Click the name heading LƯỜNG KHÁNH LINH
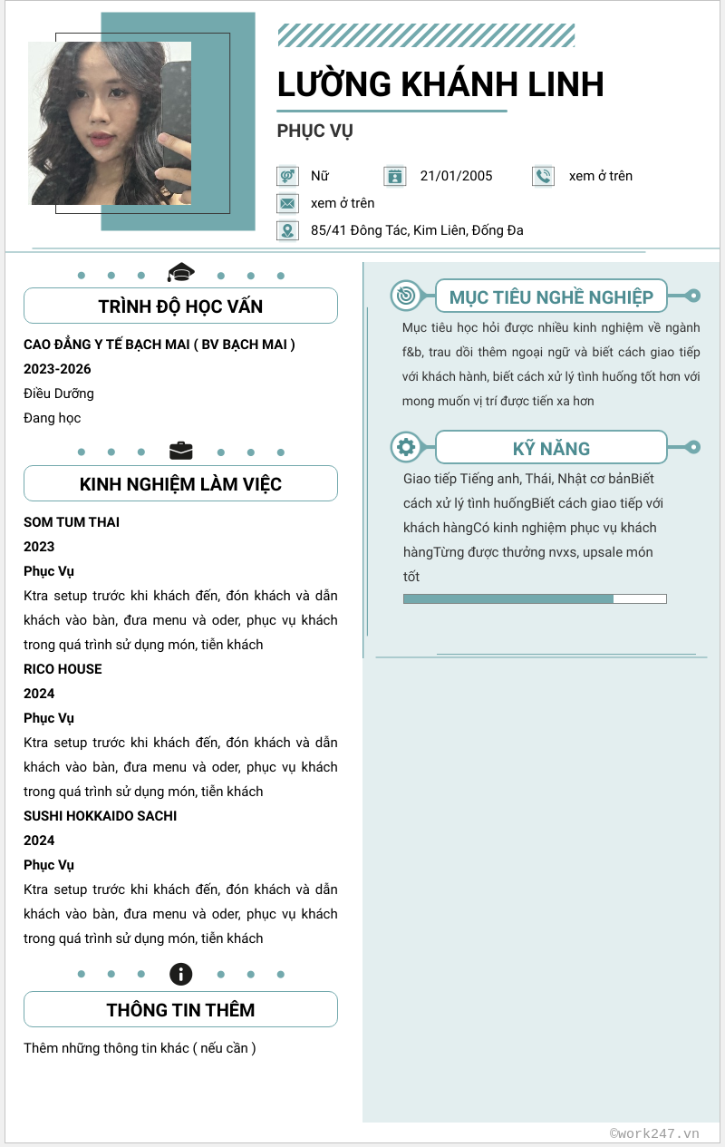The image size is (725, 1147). pyautogui.click(x=440, y=84)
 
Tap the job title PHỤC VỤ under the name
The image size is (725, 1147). pyautogui.click(x=314, y=131)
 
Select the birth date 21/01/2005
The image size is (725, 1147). pyautogui.click(x=456, y=176)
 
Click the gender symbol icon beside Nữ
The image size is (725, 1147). pyautogui.click(x=287, y=176)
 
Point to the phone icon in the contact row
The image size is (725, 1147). pyautogui.click(x=543, y=176)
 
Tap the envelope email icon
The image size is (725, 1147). pyautogui.click(x=287, y=203)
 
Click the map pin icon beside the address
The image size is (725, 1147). pyautogui.click(x=287, y=230)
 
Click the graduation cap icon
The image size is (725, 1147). pyautogui.click(x=181, y=272)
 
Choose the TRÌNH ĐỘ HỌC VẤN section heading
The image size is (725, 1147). pyautogui.click(x=180, y=306)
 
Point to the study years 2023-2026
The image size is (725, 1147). pyautogui.click(x=57, y=369)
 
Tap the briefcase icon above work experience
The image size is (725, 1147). pyautogui.click(x=181, y=451)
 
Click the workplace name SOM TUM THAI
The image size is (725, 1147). pyautogui.click(x=72, y=522)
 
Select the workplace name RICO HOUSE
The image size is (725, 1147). pyautogui.click(x=63, y=669)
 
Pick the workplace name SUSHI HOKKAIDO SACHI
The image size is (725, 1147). pyautogui.click(x=100, y=816)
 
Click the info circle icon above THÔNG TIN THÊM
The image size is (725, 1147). pyautogui.click(x=181, y=975)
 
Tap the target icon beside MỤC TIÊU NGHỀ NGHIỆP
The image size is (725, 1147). pyautogui.click(x=405, y=296)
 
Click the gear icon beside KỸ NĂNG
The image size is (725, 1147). pyautogui.click(x=405, y=447)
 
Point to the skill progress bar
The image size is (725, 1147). pyautogui.click(x=535, y=598)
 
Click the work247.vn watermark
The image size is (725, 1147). pyautogui.click(x=654, y=1132)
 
